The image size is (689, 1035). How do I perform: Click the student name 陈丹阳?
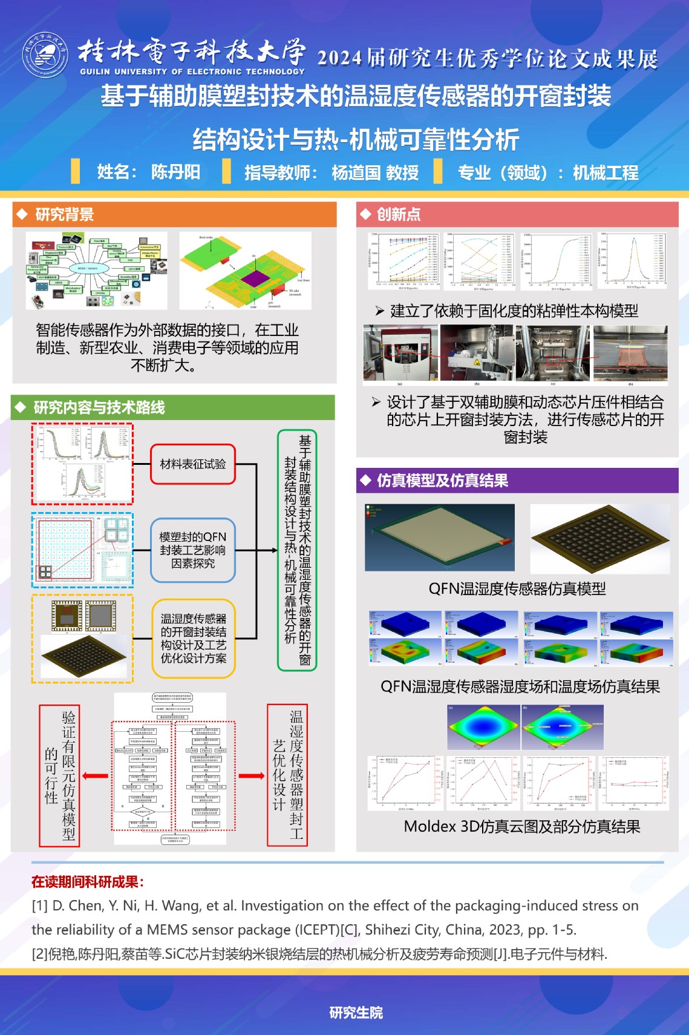point(175,172)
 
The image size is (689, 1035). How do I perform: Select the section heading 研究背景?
point(64,214)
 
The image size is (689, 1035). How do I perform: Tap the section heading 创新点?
point(398,214)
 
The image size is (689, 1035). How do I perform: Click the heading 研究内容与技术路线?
point(99,407)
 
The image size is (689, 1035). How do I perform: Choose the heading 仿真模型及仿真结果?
point(442,481)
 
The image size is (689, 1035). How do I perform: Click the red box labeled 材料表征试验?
point(192,464)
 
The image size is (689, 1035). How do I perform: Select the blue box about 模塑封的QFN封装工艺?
point(192,550)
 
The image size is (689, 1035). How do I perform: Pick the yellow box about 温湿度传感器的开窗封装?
point(193,638)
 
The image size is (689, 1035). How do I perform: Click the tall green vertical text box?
point(296,550)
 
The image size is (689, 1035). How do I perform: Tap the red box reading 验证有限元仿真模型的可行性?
point(60,775)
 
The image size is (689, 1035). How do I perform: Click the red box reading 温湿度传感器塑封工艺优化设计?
point(287,775)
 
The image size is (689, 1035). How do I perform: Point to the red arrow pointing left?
point(95,776)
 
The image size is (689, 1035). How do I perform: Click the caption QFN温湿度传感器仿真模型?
point(517,589)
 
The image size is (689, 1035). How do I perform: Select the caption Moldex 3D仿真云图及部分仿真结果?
point(521,826)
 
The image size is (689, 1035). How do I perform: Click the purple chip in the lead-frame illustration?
point(256,278)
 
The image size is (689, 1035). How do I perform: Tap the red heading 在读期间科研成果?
point(88,882)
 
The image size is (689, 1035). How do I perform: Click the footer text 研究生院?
point(356,1013)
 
